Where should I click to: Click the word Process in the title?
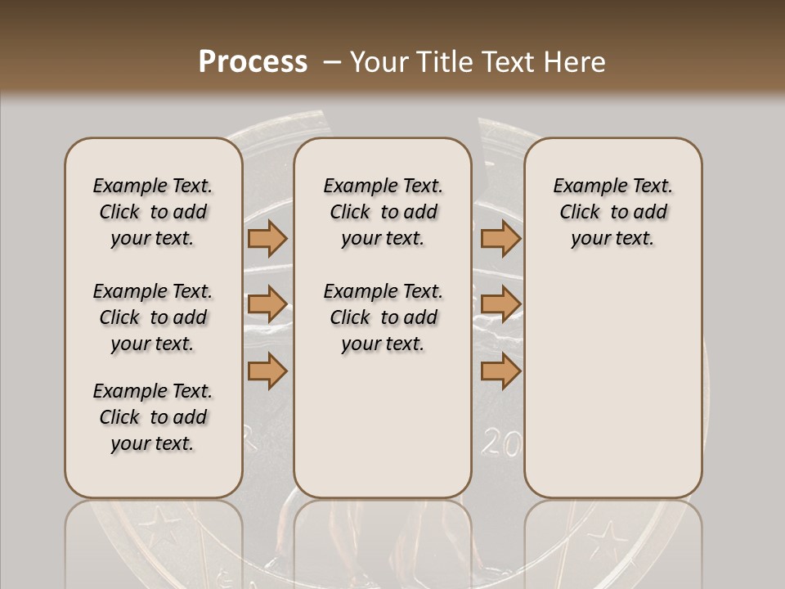253,61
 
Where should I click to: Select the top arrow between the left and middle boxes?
267,239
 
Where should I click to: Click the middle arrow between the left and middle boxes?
267,305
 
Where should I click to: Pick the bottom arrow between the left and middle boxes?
267,371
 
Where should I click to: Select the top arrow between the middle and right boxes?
500,239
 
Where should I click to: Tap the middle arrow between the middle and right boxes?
500,305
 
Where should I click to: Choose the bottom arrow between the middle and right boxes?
500,371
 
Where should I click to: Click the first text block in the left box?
153,212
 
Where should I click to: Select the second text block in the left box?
153,317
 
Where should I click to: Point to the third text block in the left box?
153,417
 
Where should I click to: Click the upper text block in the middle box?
384,212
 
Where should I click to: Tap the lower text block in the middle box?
384,317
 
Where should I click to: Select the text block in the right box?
613,212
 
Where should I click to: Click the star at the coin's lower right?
606,540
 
